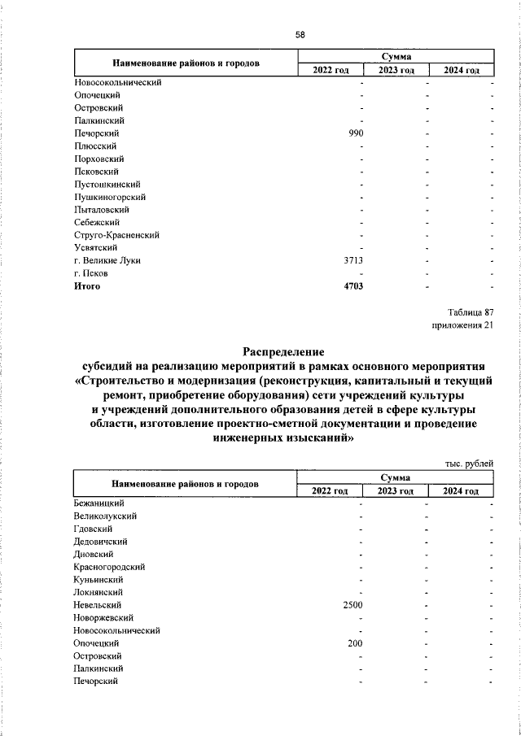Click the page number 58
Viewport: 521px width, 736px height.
300,34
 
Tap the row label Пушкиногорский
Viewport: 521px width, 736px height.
109,197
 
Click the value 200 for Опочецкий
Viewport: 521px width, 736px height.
355,642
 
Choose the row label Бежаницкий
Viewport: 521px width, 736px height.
98,503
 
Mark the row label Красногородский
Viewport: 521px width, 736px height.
109,567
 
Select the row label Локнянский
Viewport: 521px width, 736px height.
99,592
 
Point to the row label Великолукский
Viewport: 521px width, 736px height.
104,516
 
